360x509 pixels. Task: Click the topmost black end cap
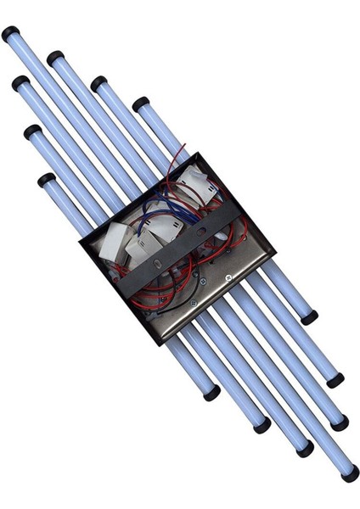[10, 33]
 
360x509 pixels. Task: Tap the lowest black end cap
[349, 473]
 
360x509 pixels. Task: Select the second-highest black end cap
[55, 59]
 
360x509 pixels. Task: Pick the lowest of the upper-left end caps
[46, 180]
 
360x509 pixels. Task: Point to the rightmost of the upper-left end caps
[140, 103]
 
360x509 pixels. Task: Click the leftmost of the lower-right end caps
[211, 393]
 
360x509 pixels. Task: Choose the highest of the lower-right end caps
[309, 316]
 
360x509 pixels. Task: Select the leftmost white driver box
[112, 247]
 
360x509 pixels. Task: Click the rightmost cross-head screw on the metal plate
[227, 279]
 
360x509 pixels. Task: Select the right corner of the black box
[275, 252]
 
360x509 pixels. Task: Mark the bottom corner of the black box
[159, 344]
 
